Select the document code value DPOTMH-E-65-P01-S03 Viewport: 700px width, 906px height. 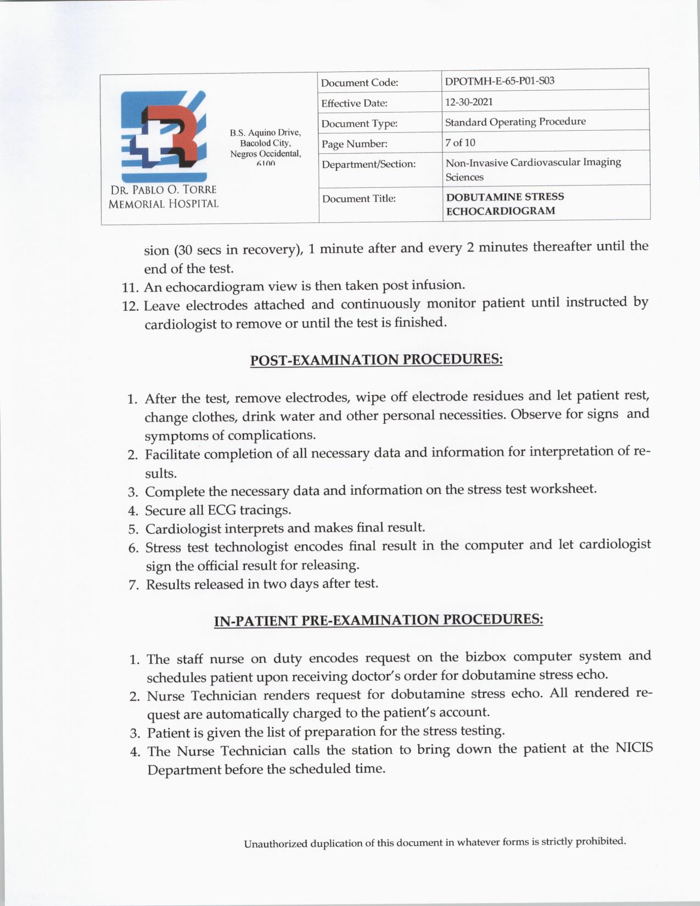click(499, 81)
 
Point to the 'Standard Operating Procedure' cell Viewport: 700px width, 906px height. click(515, 121)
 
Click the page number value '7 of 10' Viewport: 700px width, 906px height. click(460, 142)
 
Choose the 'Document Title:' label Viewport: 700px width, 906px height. click(359, 198)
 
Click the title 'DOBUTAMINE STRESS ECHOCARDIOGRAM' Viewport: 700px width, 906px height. click(505, 204)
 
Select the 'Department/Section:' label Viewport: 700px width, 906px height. click(368, 164)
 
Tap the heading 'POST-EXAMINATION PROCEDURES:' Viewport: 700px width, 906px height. click(376, 360)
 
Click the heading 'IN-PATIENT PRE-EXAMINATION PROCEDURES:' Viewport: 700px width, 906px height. click(378, 620)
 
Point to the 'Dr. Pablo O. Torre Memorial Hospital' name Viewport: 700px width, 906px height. click(164, 197)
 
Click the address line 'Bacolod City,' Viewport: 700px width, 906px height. click(265, 143)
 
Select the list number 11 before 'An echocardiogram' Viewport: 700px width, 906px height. click(131, 288)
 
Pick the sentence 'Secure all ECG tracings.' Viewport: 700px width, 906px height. click(217, 510)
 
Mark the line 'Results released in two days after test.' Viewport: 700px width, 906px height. click(262, 584)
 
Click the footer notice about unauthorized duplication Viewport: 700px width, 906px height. click(435, 842)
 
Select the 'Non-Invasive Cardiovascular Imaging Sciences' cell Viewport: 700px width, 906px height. click(533, 169)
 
